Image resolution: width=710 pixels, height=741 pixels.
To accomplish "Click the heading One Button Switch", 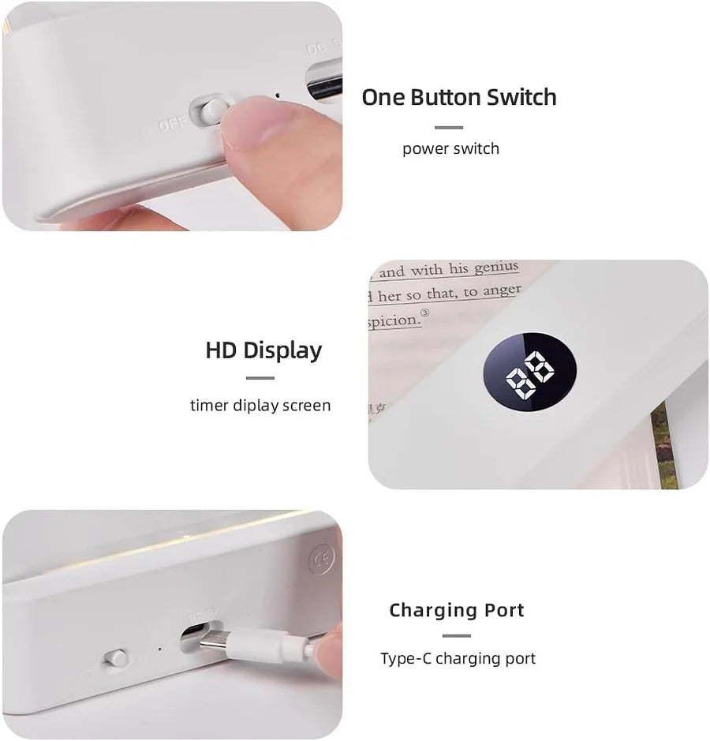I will coord(458,97).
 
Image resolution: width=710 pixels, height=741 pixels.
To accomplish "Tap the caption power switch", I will coord(450,148).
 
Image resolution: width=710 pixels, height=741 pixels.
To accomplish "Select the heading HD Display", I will coord(263,350).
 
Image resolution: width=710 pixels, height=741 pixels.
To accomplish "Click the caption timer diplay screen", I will coord(260,406).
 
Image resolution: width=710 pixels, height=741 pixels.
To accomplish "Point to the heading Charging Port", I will coord(456,610).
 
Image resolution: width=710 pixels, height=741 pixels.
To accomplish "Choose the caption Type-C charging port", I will coord(458,658).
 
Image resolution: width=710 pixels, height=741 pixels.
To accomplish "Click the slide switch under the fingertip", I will coord(211,110).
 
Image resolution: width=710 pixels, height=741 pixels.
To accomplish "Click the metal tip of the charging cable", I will coord(211,642).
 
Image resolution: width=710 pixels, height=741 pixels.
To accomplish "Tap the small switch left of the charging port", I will coord(117,657).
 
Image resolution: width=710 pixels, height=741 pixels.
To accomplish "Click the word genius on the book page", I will coord(495,268).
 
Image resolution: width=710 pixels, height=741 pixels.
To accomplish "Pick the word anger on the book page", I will coord(503,290).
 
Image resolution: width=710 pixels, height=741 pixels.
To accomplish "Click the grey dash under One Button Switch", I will coord(448,127).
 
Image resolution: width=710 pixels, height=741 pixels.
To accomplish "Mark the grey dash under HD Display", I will coord(260,378).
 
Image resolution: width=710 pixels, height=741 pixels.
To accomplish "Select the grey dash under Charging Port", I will coord(456,636).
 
